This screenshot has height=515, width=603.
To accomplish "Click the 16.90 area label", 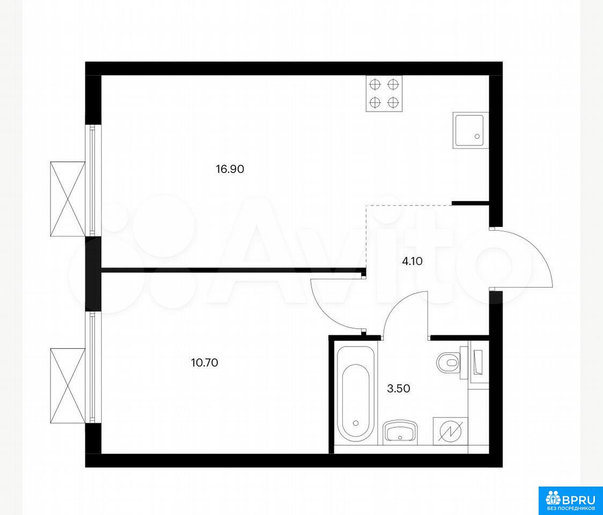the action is pos(230,169).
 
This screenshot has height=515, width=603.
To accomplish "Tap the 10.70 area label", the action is pos(204,362).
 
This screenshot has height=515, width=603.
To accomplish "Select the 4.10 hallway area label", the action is pos(412,262).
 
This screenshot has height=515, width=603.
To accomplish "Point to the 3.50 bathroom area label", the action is pos(399,388).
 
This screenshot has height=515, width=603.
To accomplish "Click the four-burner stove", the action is pos(384,93).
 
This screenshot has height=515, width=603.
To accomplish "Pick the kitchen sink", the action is pos(469,130).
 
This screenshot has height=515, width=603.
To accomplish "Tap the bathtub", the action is pos(355,393).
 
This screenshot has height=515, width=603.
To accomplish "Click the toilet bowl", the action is pos(448,362).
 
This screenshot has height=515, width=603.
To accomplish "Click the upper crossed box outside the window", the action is pos(68,199).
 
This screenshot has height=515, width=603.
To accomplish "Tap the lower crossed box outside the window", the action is pos(68,386).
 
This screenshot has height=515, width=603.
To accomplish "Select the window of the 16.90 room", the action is pos(93,180).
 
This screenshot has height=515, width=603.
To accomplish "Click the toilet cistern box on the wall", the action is pos(479,362).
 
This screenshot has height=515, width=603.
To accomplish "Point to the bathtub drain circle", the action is pos(356,423).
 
